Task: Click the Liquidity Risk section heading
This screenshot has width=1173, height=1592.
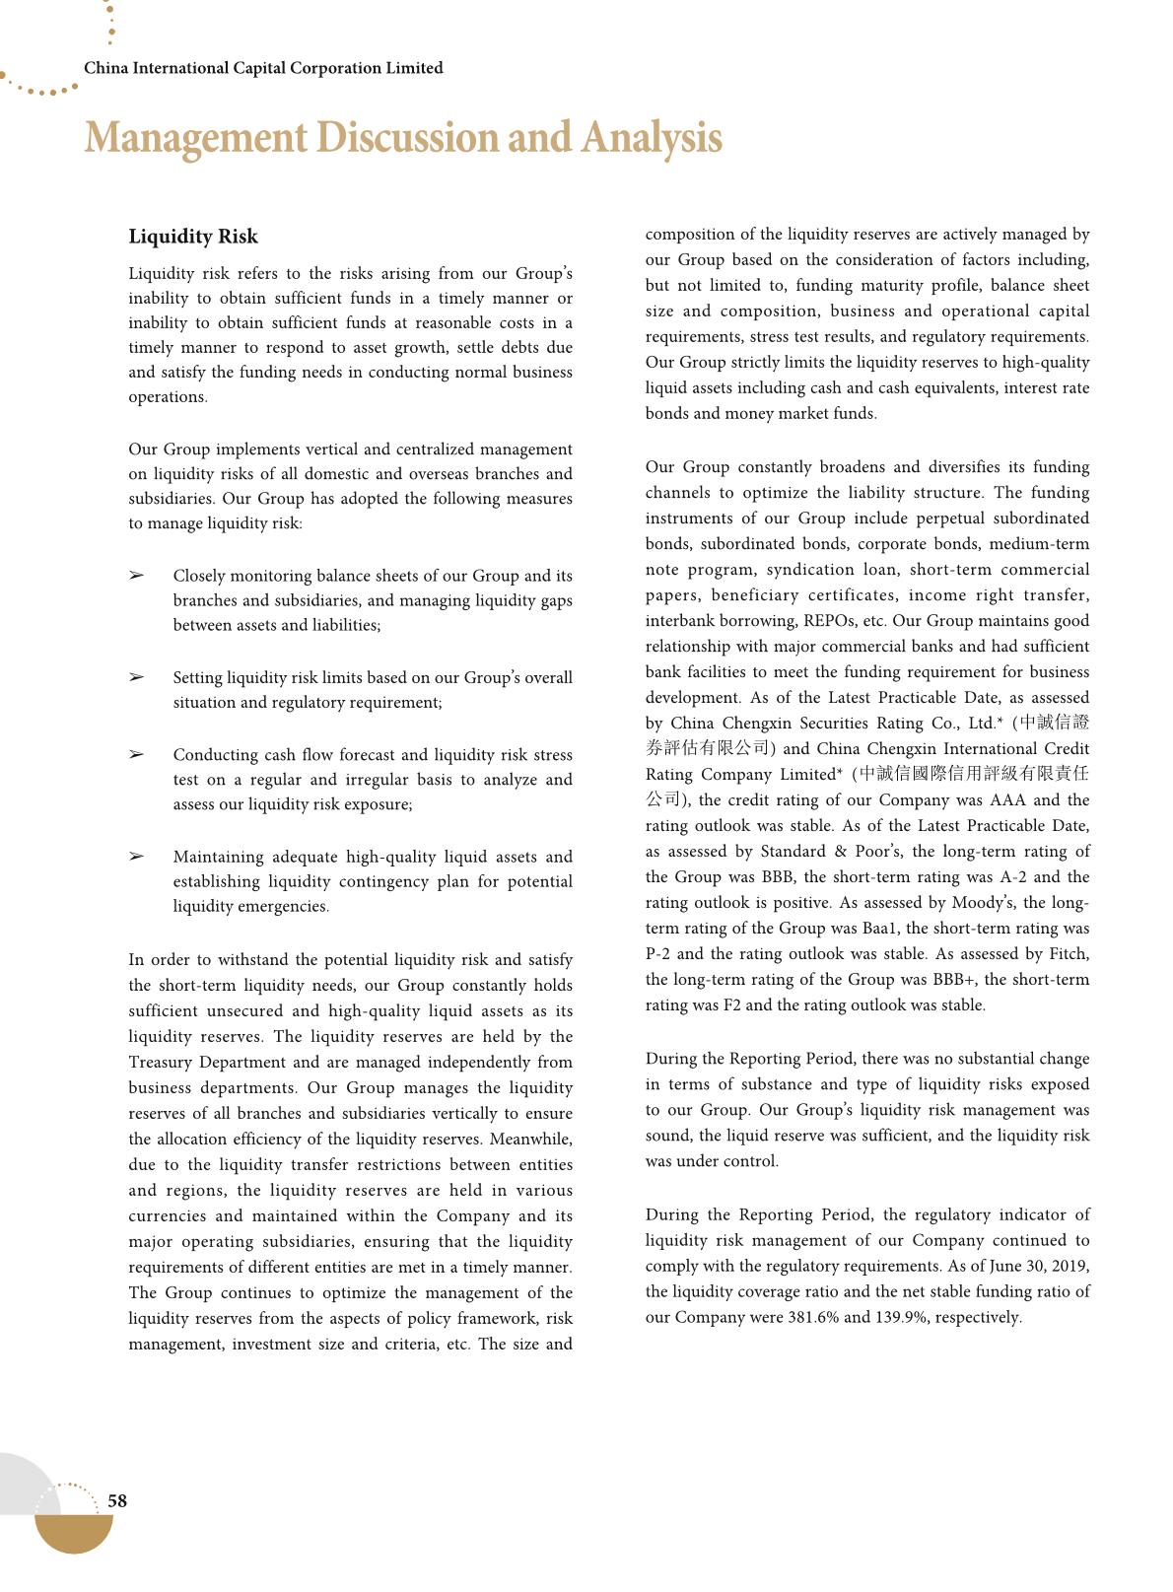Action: coord(193,237)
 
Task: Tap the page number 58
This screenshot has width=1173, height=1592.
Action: coord(117,1500)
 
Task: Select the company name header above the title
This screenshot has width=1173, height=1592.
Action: coord(263,68)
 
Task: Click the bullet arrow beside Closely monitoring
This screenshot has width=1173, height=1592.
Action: coord(136,576)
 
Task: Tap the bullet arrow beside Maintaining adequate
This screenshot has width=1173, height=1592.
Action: coord(136,857)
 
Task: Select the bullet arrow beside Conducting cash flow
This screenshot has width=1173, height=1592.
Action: coord(136,755)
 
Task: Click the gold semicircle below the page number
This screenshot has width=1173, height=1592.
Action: coord(74,1534)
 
